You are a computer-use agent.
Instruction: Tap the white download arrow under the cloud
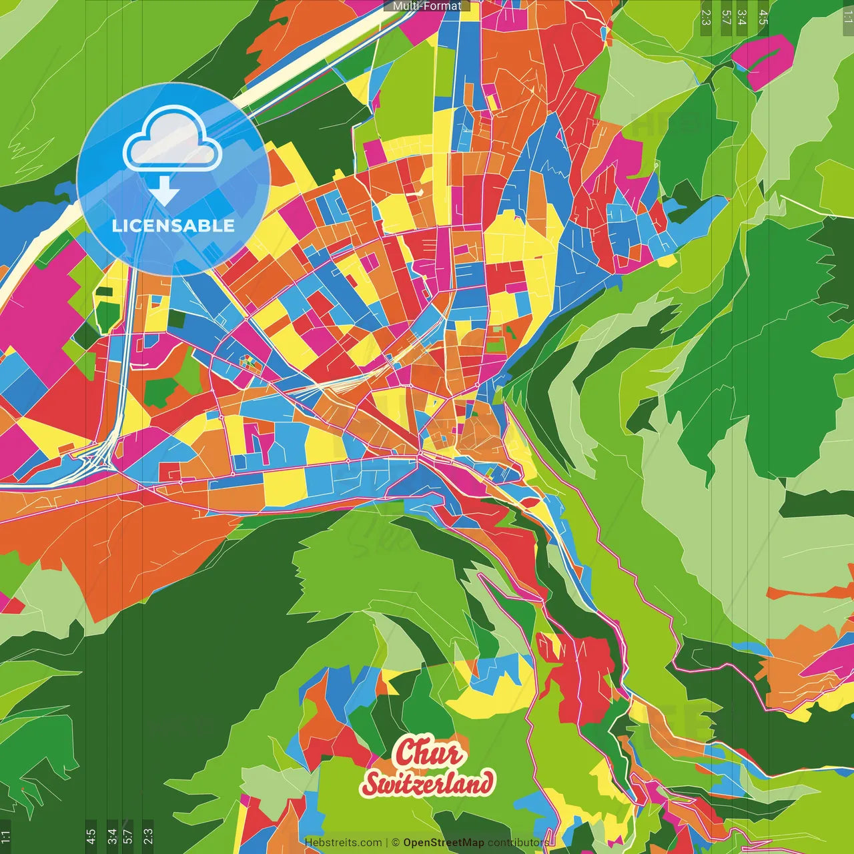[x=164, y=192]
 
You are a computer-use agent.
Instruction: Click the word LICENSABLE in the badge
[x=173, y=226]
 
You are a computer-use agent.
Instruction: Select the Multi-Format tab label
[x=427, y=6]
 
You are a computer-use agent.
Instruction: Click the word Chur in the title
[x=428, y=753]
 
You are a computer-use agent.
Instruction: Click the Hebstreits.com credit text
[x=343, y=843]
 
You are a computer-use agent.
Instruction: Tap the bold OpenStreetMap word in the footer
[x=443, y=843]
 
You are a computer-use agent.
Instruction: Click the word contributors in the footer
[x=518, y=843]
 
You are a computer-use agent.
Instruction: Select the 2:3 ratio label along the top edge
[x=706, y=17]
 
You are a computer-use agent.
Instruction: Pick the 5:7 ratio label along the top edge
[x=725, y=17]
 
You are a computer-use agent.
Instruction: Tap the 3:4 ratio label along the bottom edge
[x=111, y=835]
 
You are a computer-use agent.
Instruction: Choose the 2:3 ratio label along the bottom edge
[x=148, y=835]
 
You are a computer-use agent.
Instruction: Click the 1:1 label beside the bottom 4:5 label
[x=5, y=835]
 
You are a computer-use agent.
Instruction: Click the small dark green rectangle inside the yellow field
[x=105, y=291]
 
